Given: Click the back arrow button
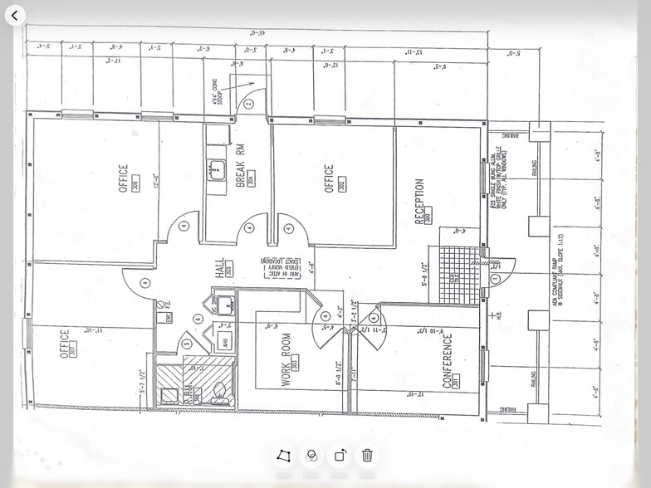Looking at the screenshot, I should click(15, 16).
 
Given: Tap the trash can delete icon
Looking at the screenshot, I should click(367, 455).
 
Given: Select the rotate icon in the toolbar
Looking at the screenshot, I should click(340, 455).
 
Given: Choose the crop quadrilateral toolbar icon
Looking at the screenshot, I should click(284, 455).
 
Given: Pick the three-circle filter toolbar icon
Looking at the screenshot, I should click(312, 455).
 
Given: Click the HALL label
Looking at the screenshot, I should click(219, 267).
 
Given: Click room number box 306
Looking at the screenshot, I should click(135, 185).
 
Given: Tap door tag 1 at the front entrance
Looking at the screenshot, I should click(496, 280).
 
